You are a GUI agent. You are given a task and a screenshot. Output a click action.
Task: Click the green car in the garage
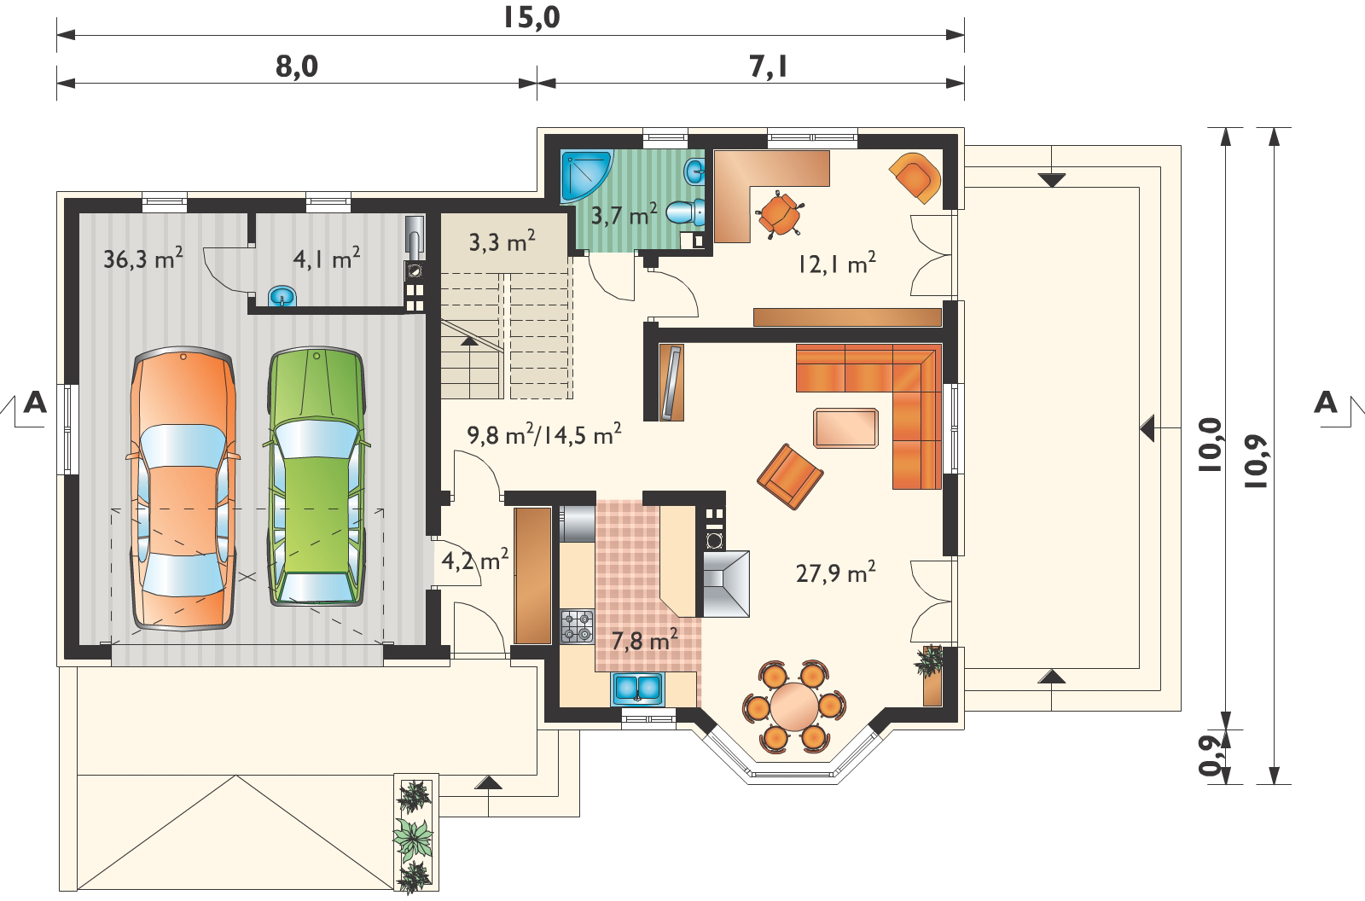tap(317, 476)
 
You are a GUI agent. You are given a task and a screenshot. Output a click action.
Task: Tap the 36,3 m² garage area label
tap(143, 259)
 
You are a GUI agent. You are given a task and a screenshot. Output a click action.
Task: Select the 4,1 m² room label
tap(326, 259)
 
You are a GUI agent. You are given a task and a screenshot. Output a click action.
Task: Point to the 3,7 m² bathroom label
tap(624, 214)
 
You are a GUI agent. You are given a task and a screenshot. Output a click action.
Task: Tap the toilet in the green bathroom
tap(686, 212)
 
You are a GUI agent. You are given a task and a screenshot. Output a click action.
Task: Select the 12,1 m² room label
tap(837, 264)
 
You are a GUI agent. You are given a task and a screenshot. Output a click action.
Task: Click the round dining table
tap(794, 706)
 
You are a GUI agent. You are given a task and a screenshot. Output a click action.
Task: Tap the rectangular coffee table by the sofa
tap(845, 428)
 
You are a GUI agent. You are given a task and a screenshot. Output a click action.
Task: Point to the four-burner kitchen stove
tap(577, 626)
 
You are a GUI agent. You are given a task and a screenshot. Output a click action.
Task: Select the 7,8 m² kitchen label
tap(644, 641)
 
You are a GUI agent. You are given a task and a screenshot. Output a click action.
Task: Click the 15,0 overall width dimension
tap(531, 18)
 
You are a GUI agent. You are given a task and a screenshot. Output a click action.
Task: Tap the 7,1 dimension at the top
tap(768, 67)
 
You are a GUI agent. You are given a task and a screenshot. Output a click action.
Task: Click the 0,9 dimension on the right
tap(1211, 755)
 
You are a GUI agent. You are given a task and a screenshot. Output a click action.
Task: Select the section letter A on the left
tap(35, 403)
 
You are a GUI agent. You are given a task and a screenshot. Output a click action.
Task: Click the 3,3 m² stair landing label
tap(502, 241)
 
